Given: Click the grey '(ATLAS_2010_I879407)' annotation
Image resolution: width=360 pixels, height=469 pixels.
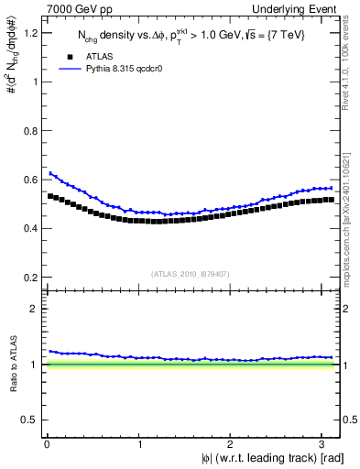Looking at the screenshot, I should tap(191, 272).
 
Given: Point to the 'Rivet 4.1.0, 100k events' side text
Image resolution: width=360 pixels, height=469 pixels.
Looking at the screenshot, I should tap(352, 73).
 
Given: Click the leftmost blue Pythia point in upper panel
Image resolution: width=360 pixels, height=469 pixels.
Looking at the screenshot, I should tap(50, 173).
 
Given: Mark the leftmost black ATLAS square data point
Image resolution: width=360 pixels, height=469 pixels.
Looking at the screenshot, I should tap(50, 195).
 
